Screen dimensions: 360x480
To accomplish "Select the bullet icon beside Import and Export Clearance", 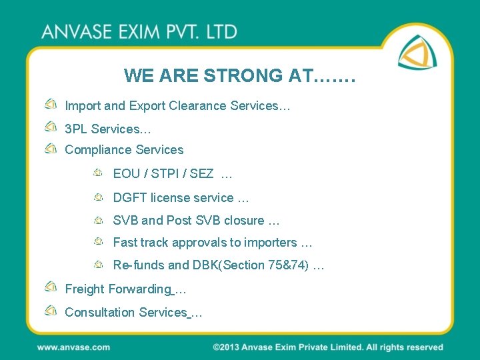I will (x=51, y=105).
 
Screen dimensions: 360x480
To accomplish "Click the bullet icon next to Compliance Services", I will (x=51, y=149).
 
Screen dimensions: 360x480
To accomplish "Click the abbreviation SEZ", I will (x=202, y=174).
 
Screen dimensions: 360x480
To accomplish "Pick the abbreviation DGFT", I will (x=130, y=197).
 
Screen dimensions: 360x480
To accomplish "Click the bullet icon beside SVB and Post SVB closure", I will (x=98, y=219).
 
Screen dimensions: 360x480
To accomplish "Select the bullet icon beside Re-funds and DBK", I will (x=98, y=264).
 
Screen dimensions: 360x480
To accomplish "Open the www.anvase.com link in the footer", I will (x=73, y=347).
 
